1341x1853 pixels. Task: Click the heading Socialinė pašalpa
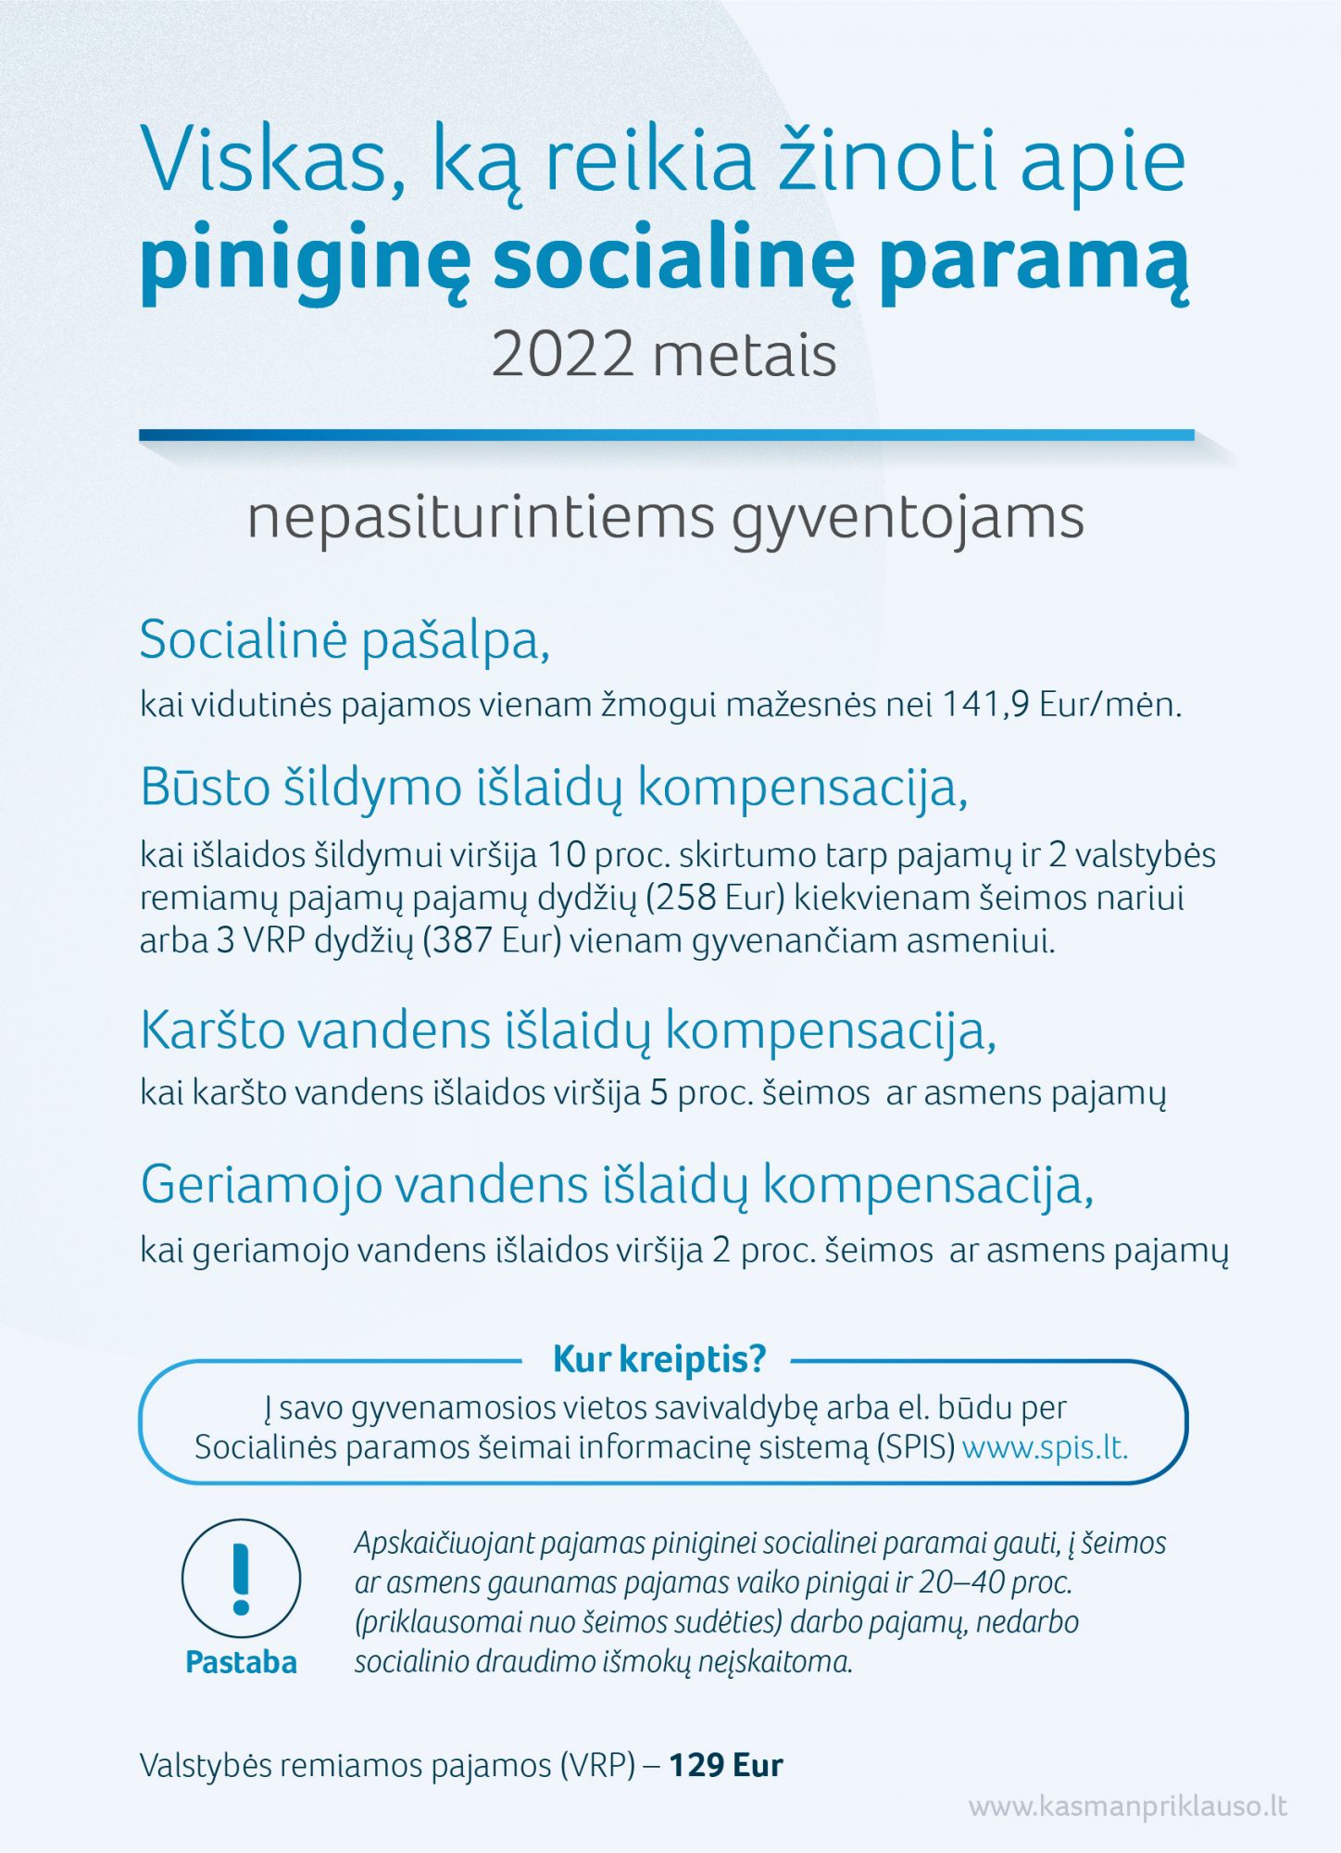coord(345,640)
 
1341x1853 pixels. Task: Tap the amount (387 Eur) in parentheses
coord(492,941)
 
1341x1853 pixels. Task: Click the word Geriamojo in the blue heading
coord(261,1185)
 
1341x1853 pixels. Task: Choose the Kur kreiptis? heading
coord(659,1359)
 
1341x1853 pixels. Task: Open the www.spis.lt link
coord(1046,1448)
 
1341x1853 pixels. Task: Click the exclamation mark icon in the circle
coord(242,1579)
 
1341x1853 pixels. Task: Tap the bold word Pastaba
coord(242,1662)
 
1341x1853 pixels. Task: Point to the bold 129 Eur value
coord(726,1765)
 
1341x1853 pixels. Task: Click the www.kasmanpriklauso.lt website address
coord(1127,1806)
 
